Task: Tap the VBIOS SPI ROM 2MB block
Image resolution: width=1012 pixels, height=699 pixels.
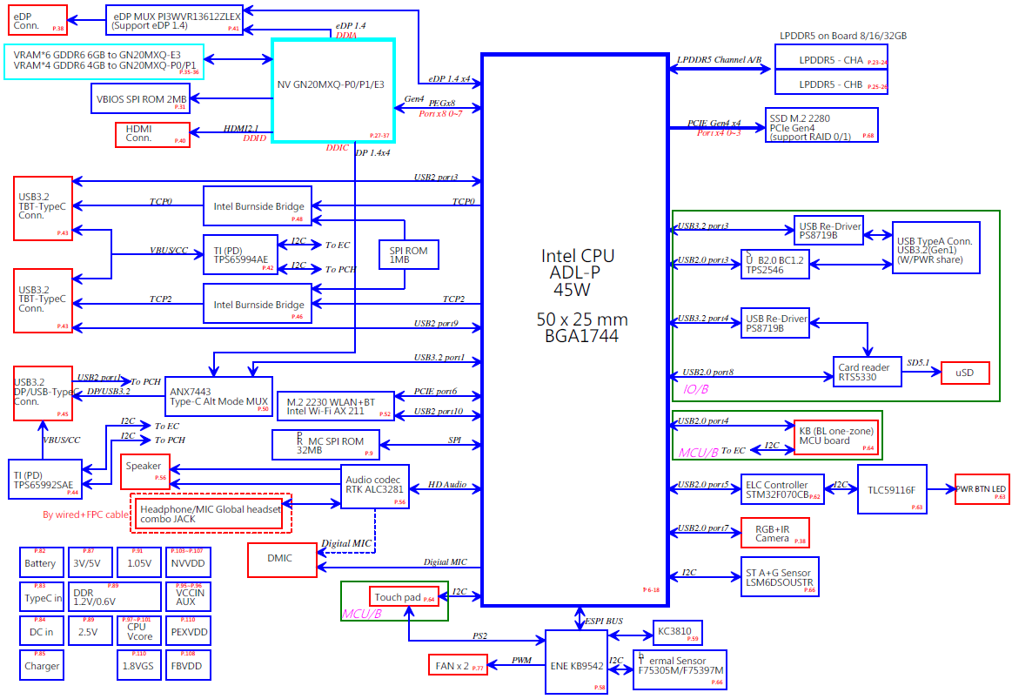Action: (x=140, y=98)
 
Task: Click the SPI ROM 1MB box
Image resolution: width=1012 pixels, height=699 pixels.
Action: (x=409, y=254)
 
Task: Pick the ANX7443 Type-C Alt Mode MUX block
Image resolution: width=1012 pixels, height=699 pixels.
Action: (x=218, y=396)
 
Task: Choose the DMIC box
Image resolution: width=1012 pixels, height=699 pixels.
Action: (x=282, y=560)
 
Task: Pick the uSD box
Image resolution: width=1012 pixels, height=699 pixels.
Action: (x=965, y=373)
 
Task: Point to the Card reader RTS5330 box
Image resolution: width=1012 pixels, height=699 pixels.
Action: (x=867, y=373)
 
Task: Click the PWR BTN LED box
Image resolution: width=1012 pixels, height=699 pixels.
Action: (x=982, y=489)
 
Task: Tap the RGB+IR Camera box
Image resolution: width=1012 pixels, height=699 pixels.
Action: (x=774, y=533)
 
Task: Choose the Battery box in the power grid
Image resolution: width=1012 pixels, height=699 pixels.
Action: (x=40, y=563)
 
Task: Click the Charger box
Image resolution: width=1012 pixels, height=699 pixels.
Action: (x=42, y=666)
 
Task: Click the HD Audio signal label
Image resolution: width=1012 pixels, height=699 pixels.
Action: (x=448, y=484)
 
